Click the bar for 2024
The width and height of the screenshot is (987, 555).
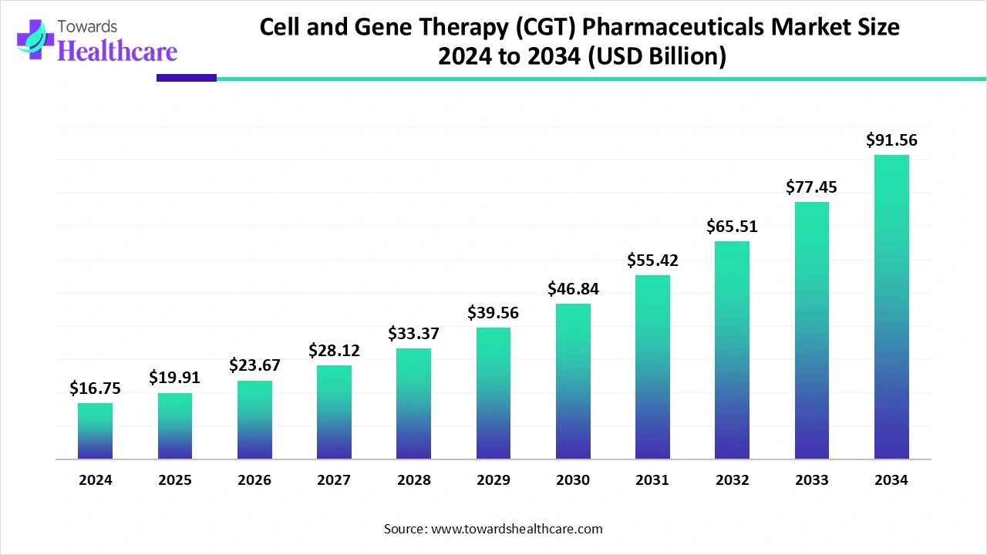point(95,431)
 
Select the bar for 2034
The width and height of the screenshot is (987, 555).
point(891,307)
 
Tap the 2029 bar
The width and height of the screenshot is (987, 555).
point(493,393)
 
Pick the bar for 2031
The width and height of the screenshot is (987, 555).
point(652,367)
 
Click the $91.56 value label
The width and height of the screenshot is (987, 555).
point(891,140)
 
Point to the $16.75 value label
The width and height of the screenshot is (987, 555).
point(95,388)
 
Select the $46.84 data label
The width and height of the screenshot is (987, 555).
point(573,289)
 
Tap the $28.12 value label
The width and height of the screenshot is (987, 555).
point(334,351)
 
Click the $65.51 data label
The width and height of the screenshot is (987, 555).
point(732,227)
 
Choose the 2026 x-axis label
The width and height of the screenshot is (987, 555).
point(254,479)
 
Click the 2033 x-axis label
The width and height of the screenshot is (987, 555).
point(812,479)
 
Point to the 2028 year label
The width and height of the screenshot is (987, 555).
point(414,479)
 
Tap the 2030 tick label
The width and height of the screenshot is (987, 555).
point(573,479)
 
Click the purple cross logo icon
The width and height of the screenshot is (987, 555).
point(35,39)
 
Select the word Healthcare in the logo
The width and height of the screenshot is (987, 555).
point(117,51)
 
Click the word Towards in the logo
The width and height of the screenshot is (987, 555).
point(87,27)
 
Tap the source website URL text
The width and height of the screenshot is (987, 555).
point(517,529)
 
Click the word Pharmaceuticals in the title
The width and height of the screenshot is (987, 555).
point(673,27)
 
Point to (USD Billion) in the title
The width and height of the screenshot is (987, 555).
point(657,56)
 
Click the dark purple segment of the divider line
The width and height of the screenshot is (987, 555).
point(187,78)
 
